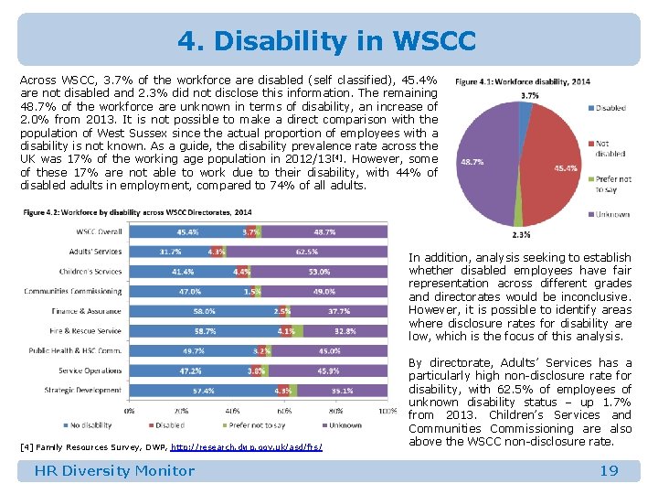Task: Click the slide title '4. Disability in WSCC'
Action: [x=326, y=41]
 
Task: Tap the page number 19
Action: [x=609, y=470]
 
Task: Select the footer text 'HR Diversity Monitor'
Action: [x=114, y=470]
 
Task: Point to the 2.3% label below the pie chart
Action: [x=521, y=235]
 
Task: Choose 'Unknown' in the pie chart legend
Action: [x=612, y=214]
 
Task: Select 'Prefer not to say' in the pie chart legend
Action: [x=611, y=183]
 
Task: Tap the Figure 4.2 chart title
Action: [x=137, y=212]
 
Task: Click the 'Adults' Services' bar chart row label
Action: [x=95, y=252]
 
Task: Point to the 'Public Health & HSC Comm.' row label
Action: [x=75, y=350]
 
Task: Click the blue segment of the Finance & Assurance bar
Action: [x=204, y=311]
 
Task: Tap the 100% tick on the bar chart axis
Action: [x=387, y=411]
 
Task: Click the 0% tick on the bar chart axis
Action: [x=129, y=411]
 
